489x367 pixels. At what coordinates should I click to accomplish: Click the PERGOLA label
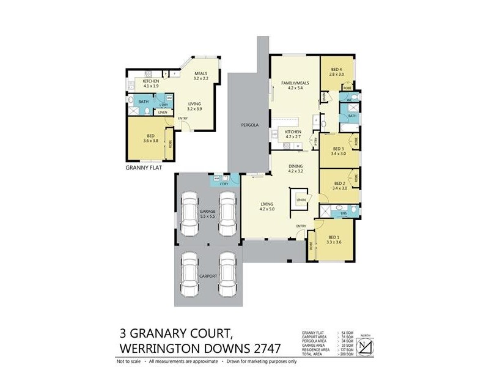pyautogui.click(x=249, y=125)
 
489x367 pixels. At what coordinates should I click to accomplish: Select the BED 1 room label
pyautogui.click(x=334, y=238)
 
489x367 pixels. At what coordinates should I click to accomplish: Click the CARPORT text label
pyautogui.click(x=208, y=276)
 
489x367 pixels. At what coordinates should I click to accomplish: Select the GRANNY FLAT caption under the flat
pyautogui.click(x=144, y=167)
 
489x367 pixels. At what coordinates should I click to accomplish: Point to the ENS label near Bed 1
pyautogui.click(x=344, y=213)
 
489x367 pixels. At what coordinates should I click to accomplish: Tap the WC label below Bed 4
pyautogui.click(x=350, y=100)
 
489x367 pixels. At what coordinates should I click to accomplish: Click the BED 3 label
pyautogui.click(x=339, y=149)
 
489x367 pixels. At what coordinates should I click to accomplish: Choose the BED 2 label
pyautogui.click(x=340, y=183)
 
